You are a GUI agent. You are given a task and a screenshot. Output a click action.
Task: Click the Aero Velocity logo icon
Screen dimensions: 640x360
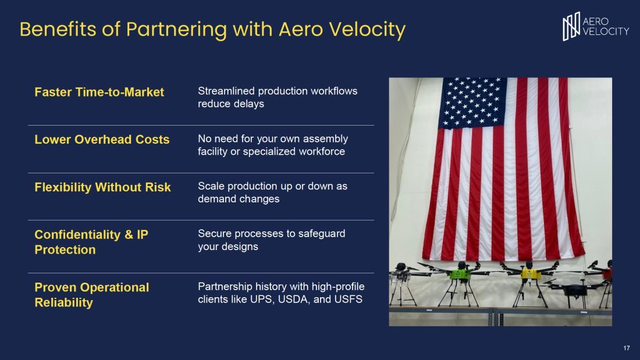(571, 27)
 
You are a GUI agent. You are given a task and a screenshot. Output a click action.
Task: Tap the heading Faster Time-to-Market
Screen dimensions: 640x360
(99, 92)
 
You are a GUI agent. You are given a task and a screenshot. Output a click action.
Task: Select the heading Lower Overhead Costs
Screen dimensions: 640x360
(102, 140)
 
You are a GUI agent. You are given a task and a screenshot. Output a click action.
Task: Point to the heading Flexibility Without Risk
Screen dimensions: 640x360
(102, 187)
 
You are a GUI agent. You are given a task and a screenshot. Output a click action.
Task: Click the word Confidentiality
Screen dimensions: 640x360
(77, 235)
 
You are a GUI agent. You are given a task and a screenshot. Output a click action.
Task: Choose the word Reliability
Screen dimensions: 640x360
(63, 302)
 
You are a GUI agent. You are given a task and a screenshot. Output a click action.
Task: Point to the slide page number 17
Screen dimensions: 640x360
(627, 348)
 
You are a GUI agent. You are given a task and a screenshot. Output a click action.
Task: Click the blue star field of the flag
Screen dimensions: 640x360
(472, 102)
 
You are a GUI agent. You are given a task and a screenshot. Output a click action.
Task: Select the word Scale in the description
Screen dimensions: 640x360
(211, 186)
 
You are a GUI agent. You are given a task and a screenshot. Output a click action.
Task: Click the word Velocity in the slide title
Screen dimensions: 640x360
(367, 30)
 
